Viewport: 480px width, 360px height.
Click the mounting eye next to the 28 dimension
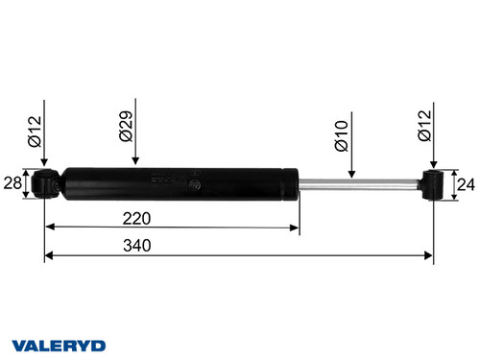tap(44, 182)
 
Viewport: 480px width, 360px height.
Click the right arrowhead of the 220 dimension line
tap(294, 228)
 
